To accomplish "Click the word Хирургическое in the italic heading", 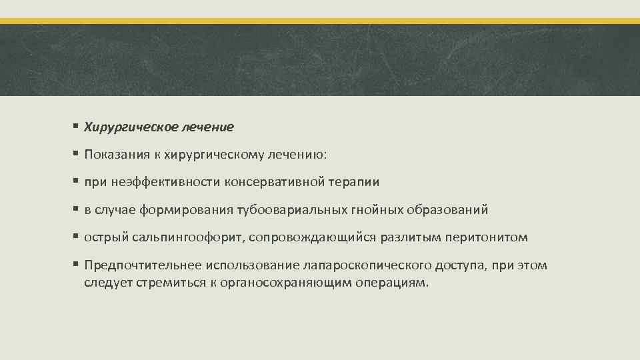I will [124, 126].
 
